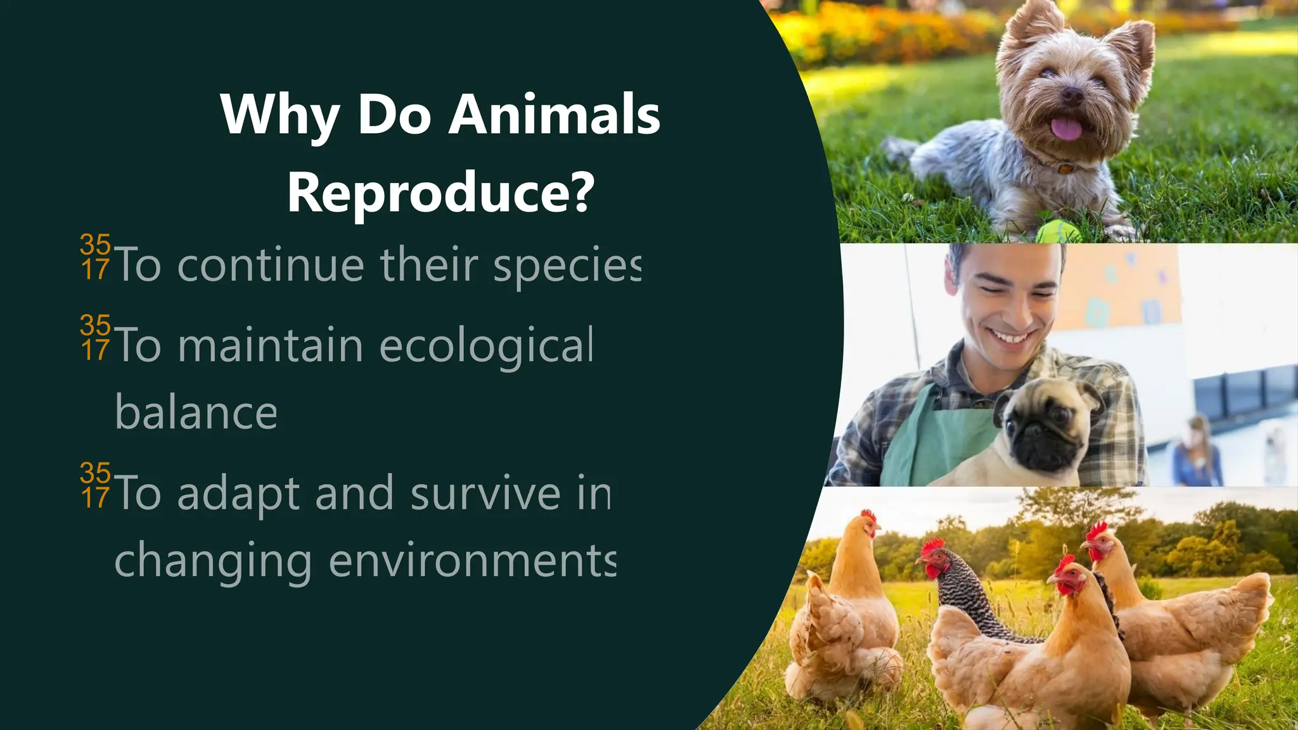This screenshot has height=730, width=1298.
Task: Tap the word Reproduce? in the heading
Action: (x=440, y=192)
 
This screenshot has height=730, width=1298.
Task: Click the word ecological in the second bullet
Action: (x=486, y=346)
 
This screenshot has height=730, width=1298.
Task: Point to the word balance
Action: (x=196, y=413)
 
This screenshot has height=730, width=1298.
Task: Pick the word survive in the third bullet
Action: (x=485, y=494)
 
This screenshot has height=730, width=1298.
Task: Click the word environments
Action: (x=472, y=561)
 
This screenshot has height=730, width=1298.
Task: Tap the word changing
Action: (x=213, y=562)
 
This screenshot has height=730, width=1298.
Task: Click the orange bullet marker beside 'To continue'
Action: (x=96, y=257)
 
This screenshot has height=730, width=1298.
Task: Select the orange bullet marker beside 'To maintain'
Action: (x=96, y=337)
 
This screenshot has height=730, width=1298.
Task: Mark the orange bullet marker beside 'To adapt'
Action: (x=96, y=485)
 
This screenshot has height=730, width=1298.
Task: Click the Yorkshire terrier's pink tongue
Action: (x=1066, y=129)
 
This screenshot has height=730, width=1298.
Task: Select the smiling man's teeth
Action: (x=1013, y=336)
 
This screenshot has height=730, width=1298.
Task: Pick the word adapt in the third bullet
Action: (x=238, y=495)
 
